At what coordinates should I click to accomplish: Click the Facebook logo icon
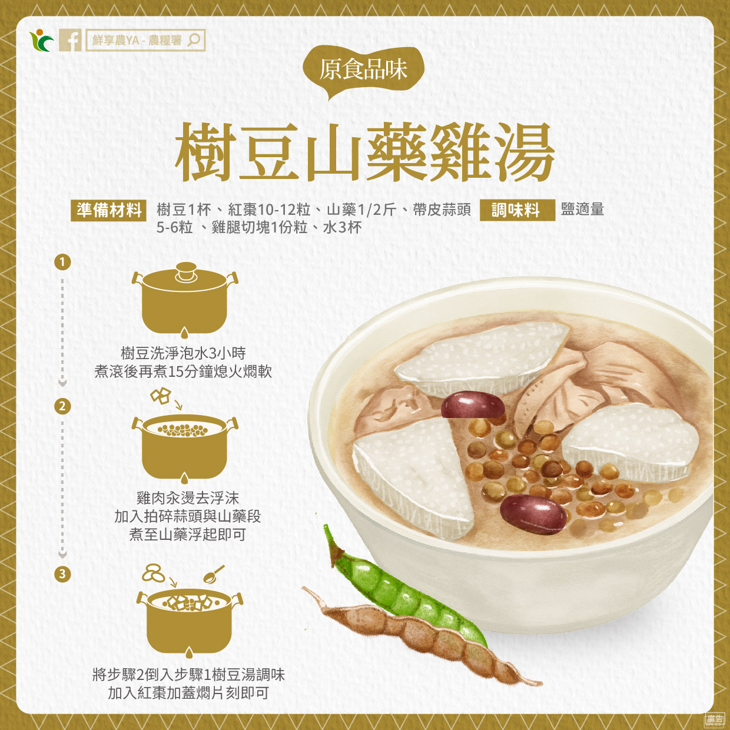[x=70, y=40]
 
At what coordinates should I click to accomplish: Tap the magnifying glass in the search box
[x=194, y=40]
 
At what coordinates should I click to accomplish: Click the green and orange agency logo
[x=41, y=40]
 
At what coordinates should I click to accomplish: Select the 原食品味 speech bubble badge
[x=363, y=71]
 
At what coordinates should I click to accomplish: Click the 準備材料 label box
[x=108, y=210]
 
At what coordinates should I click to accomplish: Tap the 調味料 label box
[x=517, y=210]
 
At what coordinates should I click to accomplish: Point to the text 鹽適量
[x=582, y=209]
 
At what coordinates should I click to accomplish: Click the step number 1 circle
[x=62, y=262]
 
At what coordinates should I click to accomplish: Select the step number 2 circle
[x=62, y=406]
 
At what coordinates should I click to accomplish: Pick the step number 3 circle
[x=62, y=574]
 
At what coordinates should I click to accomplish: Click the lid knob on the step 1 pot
[x=186, y=271]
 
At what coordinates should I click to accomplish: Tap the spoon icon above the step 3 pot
[x=214, y=575]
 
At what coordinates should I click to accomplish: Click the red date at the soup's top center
[x=473, y=405]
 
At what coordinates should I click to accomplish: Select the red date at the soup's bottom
[x=534, y=514]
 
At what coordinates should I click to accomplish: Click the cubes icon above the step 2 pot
[x=161, y=396]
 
